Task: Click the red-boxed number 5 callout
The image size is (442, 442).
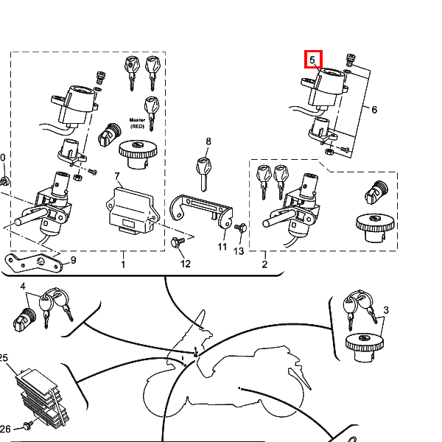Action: [x=312, y=60]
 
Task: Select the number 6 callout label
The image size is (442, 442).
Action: [x=374, y=110]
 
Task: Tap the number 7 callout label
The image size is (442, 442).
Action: [x=118, y=177]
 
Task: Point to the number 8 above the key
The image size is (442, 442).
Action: [x=208, y=141]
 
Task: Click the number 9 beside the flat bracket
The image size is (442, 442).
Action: [x=73, y=260]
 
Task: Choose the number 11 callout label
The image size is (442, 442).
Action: [x=222, y=247]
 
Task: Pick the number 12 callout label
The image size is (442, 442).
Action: [x=186, y=264]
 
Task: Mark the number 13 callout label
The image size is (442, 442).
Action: [x=239, y=251]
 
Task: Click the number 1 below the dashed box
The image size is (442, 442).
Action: [x=123, y=264]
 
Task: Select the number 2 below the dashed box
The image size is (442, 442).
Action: [x=264, y=264]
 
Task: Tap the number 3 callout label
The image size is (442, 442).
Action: [x=386, y=310]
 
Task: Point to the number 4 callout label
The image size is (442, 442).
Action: [x=23, y=287]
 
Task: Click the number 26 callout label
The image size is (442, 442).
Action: [x=5, y=429]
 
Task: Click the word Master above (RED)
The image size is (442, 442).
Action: [x=137, y=120]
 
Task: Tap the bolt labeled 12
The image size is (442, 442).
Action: [x=178, y=242]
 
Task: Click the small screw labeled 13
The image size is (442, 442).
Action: [x=241, y=227]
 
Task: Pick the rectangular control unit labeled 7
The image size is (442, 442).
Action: [x=133, y=211]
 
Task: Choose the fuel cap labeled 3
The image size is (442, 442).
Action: [x=364, y=347]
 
